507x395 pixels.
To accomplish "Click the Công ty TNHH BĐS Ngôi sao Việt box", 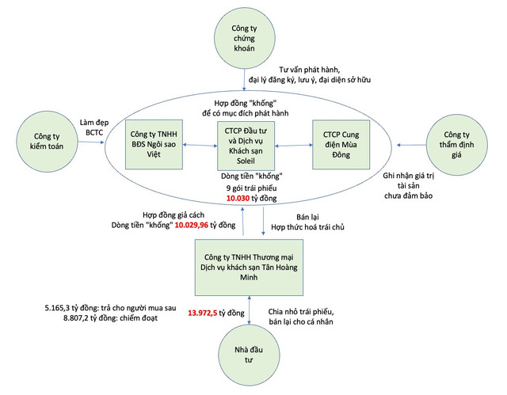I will coord(155,145).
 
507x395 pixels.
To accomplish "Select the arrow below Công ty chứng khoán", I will coord(244,79).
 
